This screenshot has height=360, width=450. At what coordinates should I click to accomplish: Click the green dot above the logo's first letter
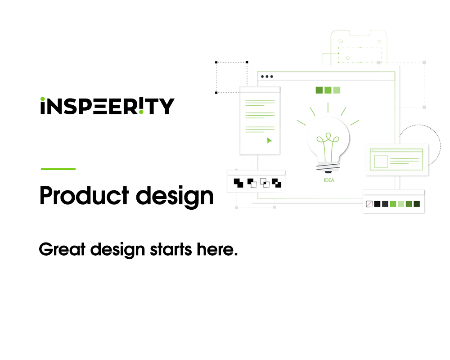click(x=43, y=99)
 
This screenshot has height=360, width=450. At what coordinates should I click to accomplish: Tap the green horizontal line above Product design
click(x=58, y=169)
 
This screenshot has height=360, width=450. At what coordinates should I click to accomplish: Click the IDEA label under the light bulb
click(x=329, y=180)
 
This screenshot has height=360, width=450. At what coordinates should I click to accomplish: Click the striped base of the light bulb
click(x=328, y=168)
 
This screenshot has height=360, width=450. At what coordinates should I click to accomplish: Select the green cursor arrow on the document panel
click(x=269, y=140)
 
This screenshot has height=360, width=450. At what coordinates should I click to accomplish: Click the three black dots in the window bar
click(x=267, y=76)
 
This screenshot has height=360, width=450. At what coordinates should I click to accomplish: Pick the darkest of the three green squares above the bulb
click(x=319, y=90)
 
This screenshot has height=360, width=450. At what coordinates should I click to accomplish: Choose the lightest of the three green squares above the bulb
click(x=337, y=90)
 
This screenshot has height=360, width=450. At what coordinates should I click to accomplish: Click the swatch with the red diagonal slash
click(x=369, y=204)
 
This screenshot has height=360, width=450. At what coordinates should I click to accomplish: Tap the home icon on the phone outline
click(x=341, y=41)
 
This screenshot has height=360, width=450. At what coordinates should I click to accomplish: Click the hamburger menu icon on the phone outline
click(x=379, y=42)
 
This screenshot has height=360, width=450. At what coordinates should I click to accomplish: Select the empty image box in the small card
click(x=381, y=161)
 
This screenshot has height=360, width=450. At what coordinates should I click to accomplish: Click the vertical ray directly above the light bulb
click(x=328, y=107)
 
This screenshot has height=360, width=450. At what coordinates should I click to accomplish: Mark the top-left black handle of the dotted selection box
click(x=216, y=63)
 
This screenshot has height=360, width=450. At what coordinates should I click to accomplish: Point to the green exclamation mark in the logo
click(x=141, y=106)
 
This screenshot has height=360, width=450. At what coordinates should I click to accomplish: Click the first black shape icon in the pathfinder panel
click(x=238, y=183)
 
